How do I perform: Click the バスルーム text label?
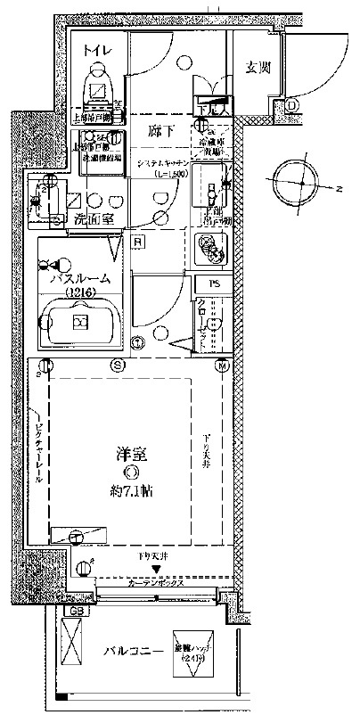(80, 278)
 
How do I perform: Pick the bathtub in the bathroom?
(79, 320)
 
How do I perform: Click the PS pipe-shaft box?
(213, 284)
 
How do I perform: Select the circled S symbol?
(117, 366)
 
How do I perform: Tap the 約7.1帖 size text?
(132, 489)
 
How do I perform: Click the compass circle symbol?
(301, 183)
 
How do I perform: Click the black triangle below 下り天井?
(158, 568)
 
